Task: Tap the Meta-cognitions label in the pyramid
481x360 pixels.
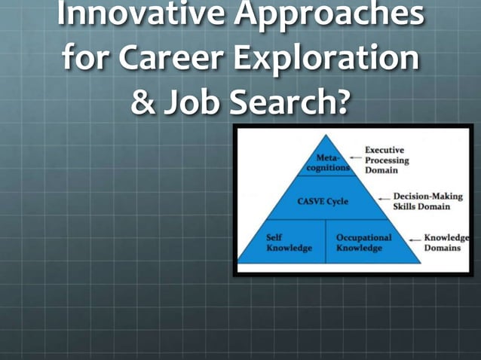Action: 327,163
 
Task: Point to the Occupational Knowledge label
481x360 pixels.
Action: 363,243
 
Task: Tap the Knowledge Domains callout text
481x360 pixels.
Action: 445,243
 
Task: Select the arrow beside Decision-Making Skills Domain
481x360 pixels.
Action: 384,201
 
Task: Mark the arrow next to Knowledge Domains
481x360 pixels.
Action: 415,241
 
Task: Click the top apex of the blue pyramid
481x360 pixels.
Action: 327,136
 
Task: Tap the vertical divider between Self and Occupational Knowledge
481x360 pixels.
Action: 325,241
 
